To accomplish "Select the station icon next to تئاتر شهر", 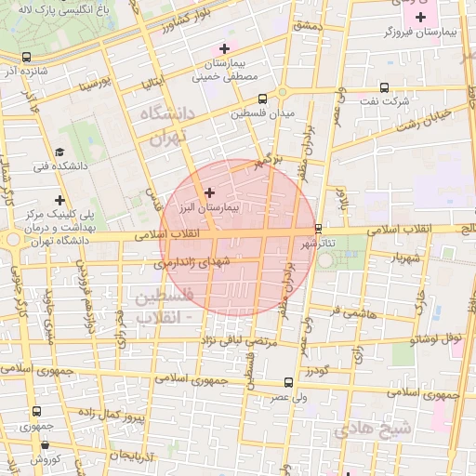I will tap(318, 227).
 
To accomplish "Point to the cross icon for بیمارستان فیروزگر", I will tap(421, 16).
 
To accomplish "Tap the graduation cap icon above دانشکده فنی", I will tap(59, 152).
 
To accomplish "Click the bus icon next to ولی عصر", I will tap(287, 383).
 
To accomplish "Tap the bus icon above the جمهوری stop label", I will tap(35, 411).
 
